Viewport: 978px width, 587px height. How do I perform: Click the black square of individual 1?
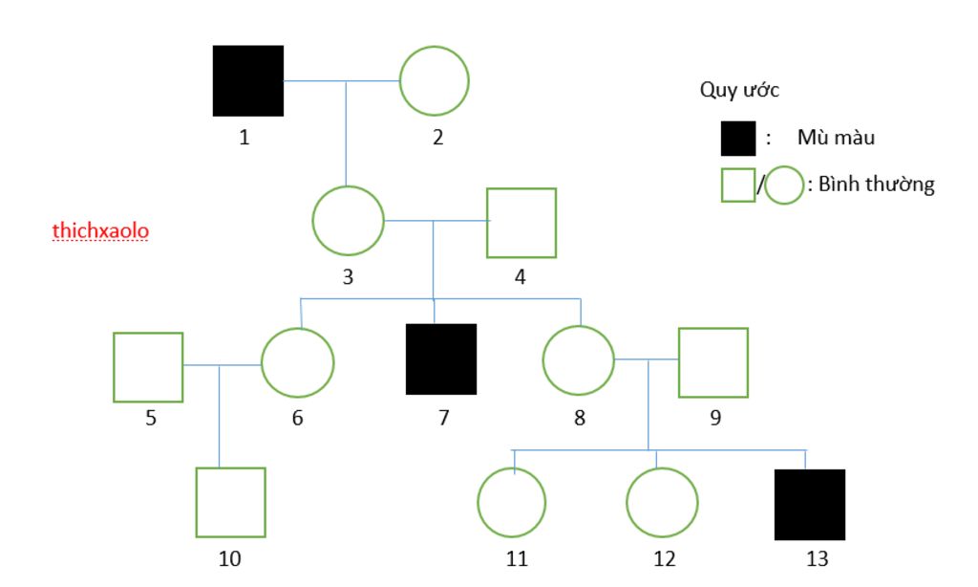(x=248, y=80)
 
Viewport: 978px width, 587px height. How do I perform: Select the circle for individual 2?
(x=434, y=80)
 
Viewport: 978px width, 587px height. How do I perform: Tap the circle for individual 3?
(x=348, y=221)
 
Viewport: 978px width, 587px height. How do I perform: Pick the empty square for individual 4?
(x=521, y=223)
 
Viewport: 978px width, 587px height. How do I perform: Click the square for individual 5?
(x=148, y=367)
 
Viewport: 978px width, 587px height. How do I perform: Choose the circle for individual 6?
(x=297, y=362)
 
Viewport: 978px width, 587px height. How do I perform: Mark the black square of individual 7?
(x=441, y=359)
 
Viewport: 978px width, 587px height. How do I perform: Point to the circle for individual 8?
(x=578, y=360)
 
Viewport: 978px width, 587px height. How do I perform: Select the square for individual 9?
(x=712, y=362)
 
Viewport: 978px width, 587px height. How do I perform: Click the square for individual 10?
(x=230, y=502)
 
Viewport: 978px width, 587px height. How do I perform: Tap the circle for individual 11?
(x=512, y=502)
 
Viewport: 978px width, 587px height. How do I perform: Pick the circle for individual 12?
(x=662, y=503)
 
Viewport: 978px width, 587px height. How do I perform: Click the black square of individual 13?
(x=810, y=504)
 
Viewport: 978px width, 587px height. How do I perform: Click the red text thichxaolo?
(x=100, y=231)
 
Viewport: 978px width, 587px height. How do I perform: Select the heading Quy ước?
(x=739, y=91)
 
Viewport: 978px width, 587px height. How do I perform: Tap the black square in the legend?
(x=738, y=139)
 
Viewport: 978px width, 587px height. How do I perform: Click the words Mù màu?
(x=836, y=138)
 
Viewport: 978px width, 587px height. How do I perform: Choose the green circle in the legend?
(x=784, y=185)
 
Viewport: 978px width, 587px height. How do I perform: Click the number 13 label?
(x=817, y=559)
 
